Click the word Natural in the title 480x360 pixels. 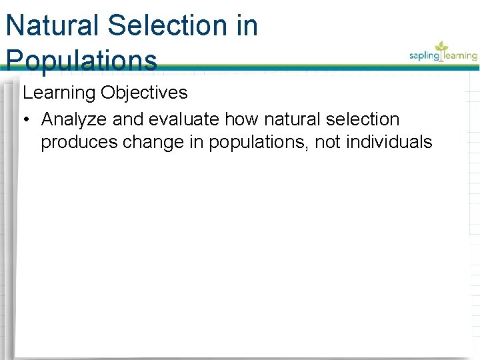[53, 26]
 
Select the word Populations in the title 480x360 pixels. [81, 60]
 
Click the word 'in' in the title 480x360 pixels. [246, 26]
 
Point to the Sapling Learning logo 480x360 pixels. [443, 53]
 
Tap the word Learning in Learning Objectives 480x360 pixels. [59, 93]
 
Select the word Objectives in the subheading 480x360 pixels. [145, 93]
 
